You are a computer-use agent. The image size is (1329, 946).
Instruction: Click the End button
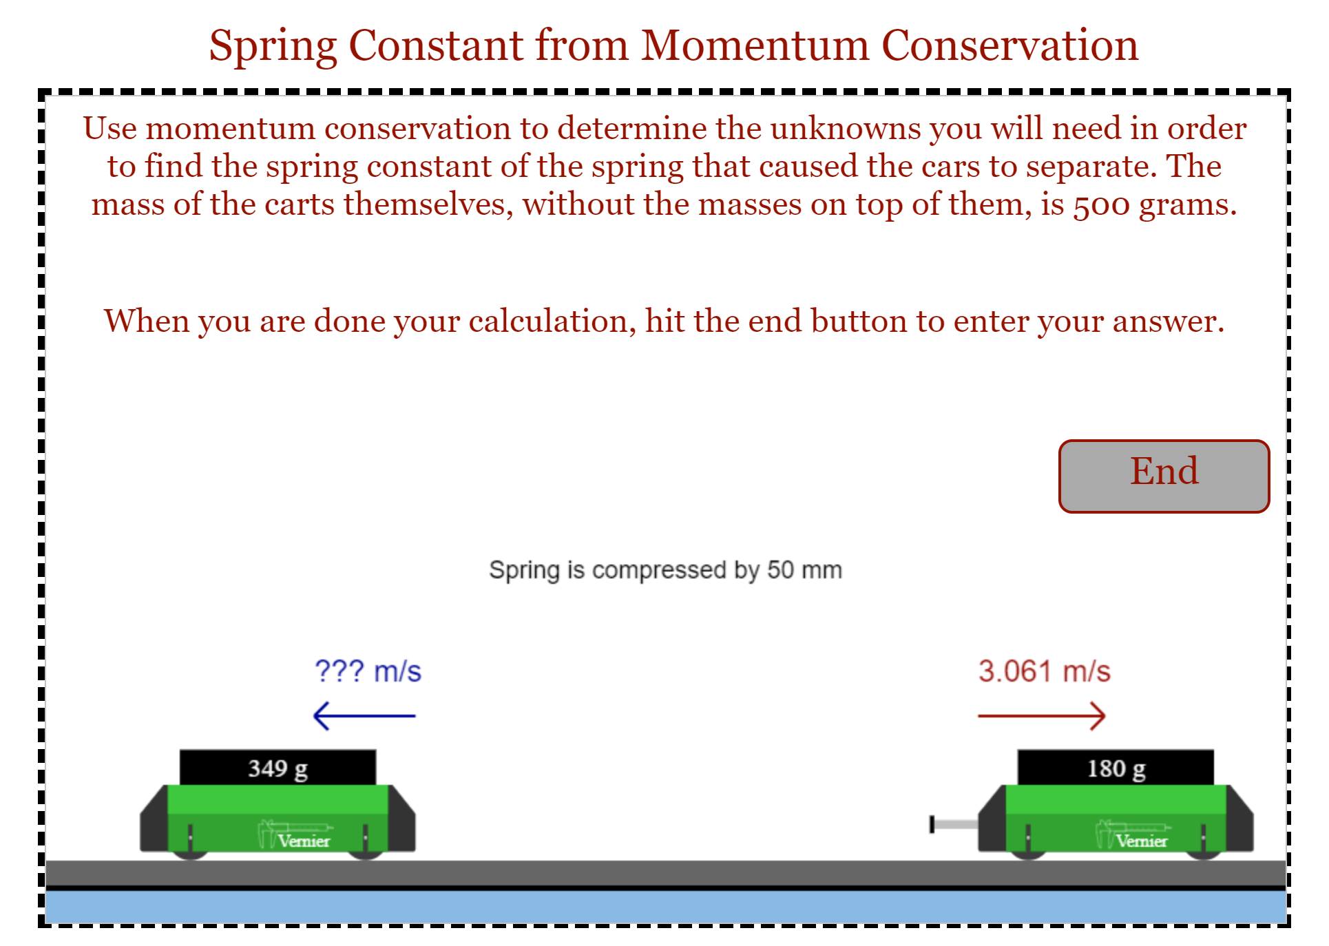[x=1163, y=476]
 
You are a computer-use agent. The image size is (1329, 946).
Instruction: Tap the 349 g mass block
[x=278, y=767]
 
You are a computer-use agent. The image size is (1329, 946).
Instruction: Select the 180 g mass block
[x=1115, y=767]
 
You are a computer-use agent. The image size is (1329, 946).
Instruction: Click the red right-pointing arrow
[x=1041, y=716]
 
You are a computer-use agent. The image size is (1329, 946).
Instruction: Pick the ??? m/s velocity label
[x=367, y=671]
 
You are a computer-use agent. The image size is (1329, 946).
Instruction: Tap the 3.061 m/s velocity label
[x=1044, y=671]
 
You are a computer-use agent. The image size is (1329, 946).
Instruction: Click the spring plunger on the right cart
[x=953, y=824]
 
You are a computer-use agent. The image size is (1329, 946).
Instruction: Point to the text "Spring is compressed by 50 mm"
[x=665, y=570]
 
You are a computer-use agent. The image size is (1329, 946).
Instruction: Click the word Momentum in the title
[x=755, y=45]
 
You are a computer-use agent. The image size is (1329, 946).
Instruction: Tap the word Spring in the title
[x=273, y=47]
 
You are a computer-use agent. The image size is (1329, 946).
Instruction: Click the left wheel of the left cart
[x=190, y=854]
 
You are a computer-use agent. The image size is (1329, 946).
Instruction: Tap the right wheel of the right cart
[x=1203, y=854]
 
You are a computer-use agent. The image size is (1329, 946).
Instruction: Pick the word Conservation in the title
[x=1009, y=45]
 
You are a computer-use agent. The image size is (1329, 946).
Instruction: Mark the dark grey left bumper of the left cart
[x=154, y=823]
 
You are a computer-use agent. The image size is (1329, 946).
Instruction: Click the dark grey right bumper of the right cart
[x=1240, y=823]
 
